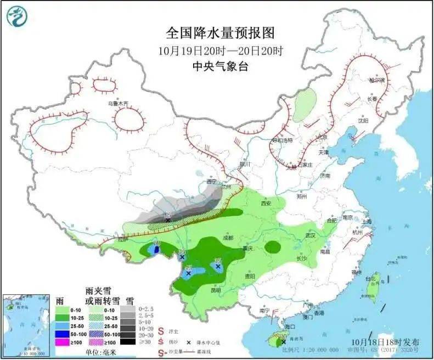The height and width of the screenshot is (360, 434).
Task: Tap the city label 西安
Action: click(x=267, y=203)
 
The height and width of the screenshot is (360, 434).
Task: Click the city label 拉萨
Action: click(x=122, y=239)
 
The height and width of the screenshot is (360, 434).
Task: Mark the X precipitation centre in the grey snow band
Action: click(x=168, y=220)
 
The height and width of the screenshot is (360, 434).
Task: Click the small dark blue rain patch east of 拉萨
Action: click(x=157, y=250)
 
